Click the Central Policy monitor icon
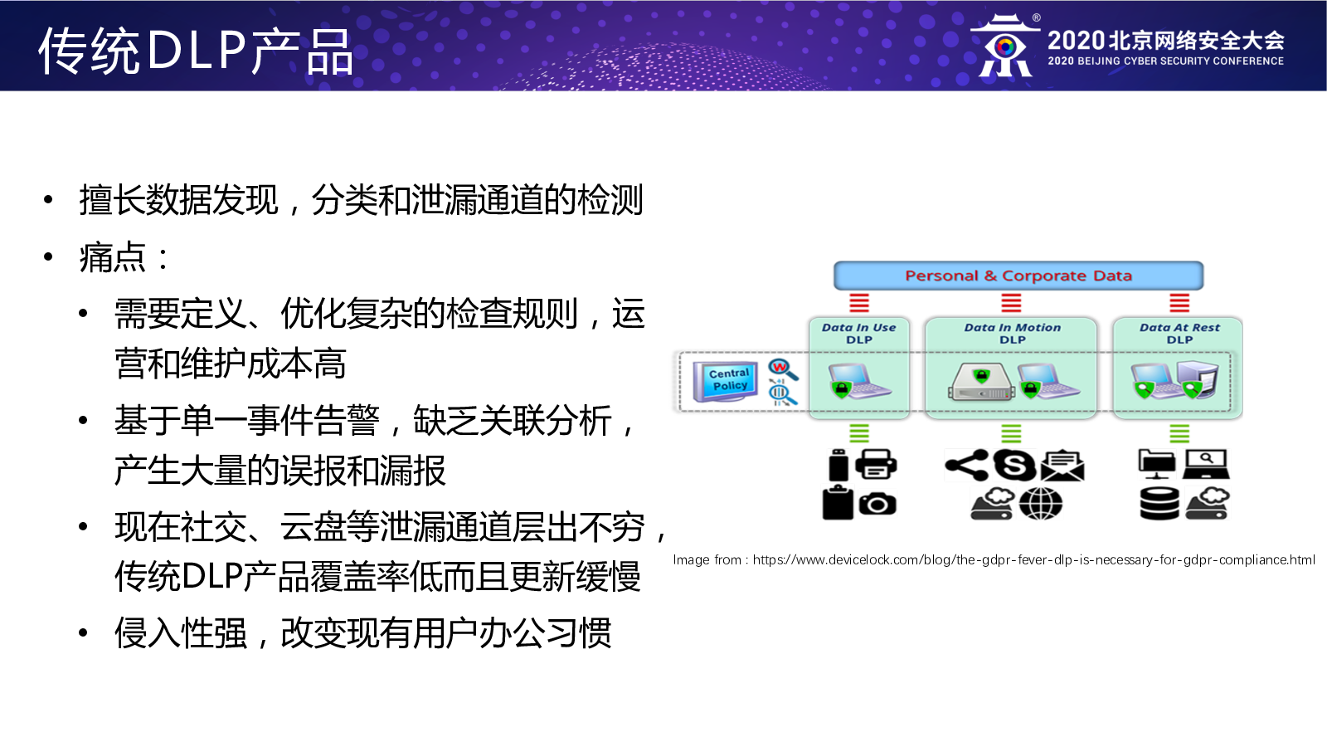[726, 381]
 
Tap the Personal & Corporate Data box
[1018, 276]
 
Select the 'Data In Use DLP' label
[859, 333]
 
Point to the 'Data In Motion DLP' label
[1013, 333]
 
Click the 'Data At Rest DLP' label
[1179, 333]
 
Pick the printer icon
[876, 464]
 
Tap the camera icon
[877, 504]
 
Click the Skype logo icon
[1014, 465]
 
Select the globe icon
[1041, 504]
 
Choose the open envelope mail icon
[1062, 466]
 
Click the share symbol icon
[967, 465]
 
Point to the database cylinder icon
[1159, 504]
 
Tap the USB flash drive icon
[838, 465]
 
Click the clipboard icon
[838, 502]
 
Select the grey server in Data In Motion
[981, 383]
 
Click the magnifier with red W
[783, 369]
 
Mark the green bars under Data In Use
[859, 433]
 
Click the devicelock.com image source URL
[1033, 559]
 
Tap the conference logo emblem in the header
[1004, 46]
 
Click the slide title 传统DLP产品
[196, 51]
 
